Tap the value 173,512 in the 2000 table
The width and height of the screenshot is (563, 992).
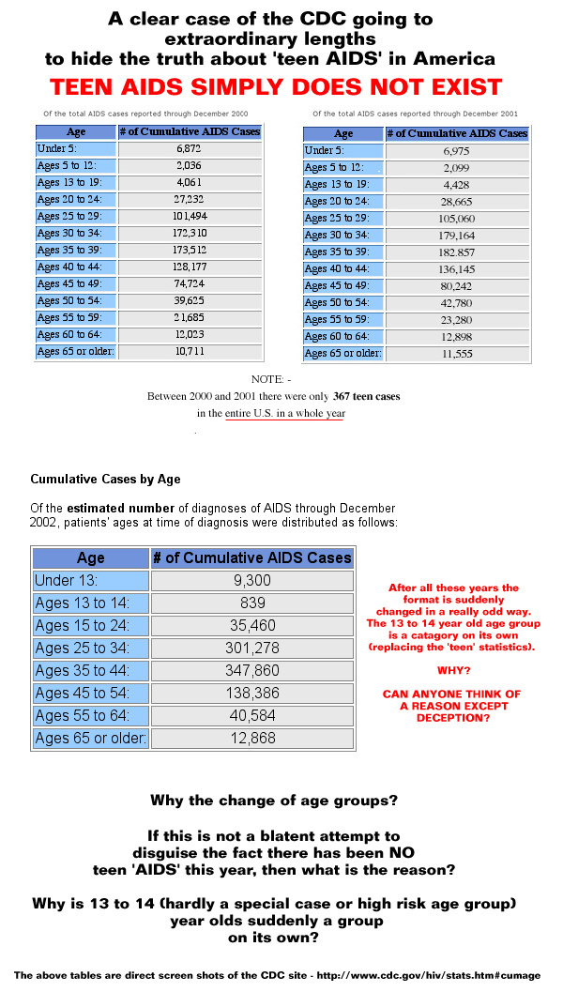190,251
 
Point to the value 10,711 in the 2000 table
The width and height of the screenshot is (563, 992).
190,352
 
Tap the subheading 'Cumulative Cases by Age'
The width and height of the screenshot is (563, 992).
105,479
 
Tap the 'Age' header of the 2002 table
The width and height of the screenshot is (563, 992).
90,557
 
